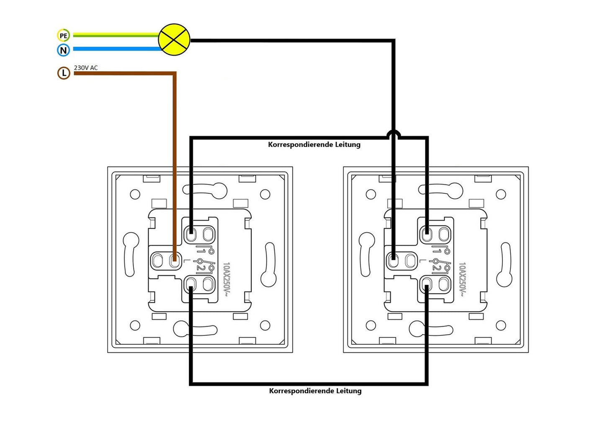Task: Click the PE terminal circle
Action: [x=63, y=36]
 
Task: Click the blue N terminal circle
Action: [x=63, y=50]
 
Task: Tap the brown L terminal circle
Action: [x=64, y=73]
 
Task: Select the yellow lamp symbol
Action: [x=174, y=40]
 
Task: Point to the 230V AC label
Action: [x=86, y=68]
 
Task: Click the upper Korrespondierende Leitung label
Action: [x=314, y=144]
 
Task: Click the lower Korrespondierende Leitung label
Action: [x=315, y=391]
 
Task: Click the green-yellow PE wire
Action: [x=116, y=35]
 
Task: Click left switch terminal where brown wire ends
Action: [x=175, y=261]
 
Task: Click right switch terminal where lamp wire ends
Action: [x=393, y=261]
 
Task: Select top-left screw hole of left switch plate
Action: [x=135, y=194]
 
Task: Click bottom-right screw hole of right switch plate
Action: [x=501, y=325]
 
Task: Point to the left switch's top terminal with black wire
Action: [x=191, y=234]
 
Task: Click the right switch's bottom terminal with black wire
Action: [x=427, y=284]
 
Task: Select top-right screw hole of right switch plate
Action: [x=501, y=194]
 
